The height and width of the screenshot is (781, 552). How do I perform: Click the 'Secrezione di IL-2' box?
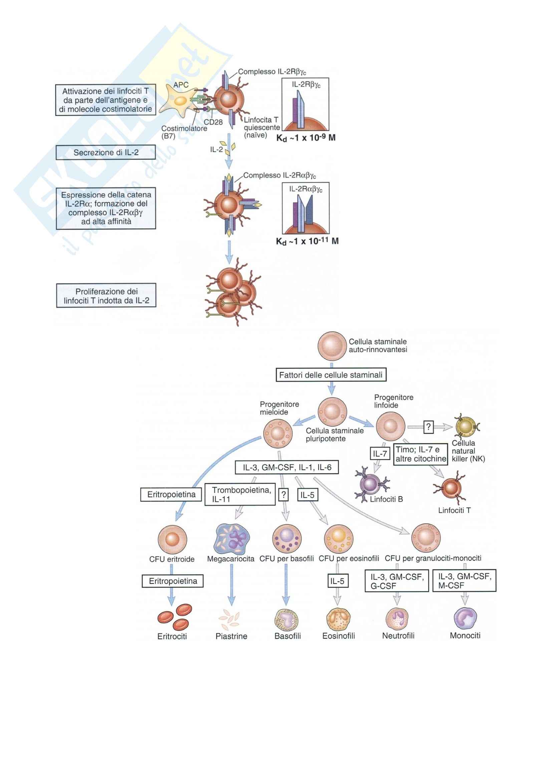point(106,152)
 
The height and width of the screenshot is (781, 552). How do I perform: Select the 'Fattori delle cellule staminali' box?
point(331,375)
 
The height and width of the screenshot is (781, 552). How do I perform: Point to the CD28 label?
point(213,122)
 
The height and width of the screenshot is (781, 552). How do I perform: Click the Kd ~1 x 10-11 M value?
point(307,241)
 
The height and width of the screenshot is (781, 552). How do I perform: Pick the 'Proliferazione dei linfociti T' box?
point(106,296)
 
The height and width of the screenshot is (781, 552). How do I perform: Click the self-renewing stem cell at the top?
point(332,346)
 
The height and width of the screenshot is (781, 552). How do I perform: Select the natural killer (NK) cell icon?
point(466,426)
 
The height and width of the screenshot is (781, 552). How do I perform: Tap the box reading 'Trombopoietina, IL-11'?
point(240,495)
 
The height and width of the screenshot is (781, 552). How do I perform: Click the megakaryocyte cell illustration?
point(232,539)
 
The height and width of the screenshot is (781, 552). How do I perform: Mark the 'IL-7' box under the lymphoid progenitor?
point(380,453)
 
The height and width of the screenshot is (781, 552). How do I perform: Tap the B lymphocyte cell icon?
point(370,484)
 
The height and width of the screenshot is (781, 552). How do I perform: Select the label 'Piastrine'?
point(231,636)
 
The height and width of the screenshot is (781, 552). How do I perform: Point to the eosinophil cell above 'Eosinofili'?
point(338,618)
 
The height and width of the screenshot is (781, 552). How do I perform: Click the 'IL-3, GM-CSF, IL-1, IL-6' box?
point(287,467)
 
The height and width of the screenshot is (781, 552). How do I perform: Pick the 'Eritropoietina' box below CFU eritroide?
point(173,581)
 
